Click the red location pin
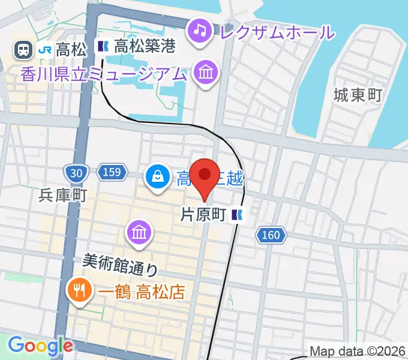point(205,175)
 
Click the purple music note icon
point(199,29)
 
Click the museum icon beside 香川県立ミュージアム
point(206,74)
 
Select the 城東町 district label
point(358,94)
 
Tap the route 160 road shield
point(271,235)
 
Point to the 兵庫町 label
point(63,196)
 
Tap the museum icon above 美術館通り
point(139,233)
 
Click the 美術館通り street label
point(120,262)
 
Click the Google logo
point(40,346)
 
